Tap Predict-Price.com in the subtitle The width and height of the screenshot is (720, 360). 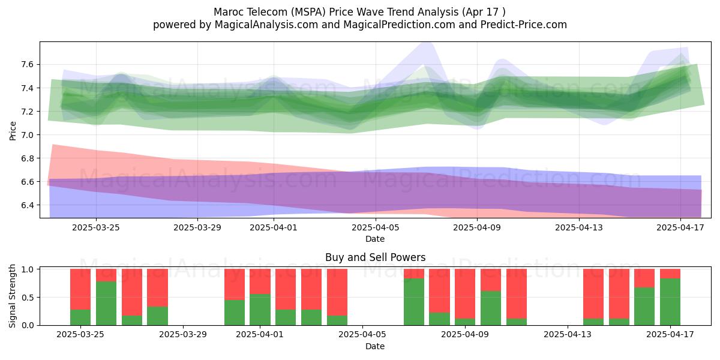click(x=524, y=25)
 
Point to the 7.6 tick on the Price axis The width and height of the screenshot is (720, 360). click(x=27, y=65)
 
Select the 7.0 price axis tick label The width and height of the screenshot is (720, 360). click(x=27, y=135)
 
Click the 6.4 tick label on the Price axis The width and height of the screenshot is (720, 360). click(x=27, y=205)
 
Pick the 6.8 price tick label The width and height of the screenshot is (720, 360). click(x=27, y=158)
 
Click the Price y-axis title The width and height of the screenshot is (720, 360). click(x=13, y=131)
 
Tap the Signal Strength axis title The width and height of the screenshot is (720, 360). click(x=12, y=296)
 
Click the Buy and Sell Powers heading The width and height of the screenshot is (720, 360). click(x=375, y=257)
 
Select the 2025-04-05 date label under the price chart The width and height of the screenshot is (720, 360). click(x=375, y=227)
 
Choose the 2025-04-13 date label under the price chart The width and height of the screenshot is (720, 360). click(x=579, y=227)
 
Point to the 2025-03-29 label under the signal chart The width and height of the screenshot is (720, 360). click(x=183, y=335)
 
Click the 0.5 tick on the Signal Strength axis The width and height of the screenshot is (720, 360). click(x=27, y=298)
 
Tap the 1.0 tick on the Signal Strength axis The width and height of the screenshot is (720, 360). click(x=27, y=269)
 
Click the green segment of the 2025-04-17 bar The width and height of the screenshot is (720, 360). click(x=670, y=302)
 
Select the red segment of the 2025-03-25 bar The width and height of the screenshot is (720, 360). click(x=80, y=289)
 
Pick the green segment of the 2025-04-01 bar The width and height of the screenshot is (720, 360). click(x=260, y=310)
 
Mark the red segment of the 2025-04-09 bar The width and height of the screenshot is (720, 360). click(x=465, y=294)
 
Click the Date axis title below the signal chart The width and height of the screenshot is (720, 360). click(x=375, y=346)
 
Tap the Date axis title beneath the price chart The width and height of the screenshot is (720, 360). click(x=375, y=239)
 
